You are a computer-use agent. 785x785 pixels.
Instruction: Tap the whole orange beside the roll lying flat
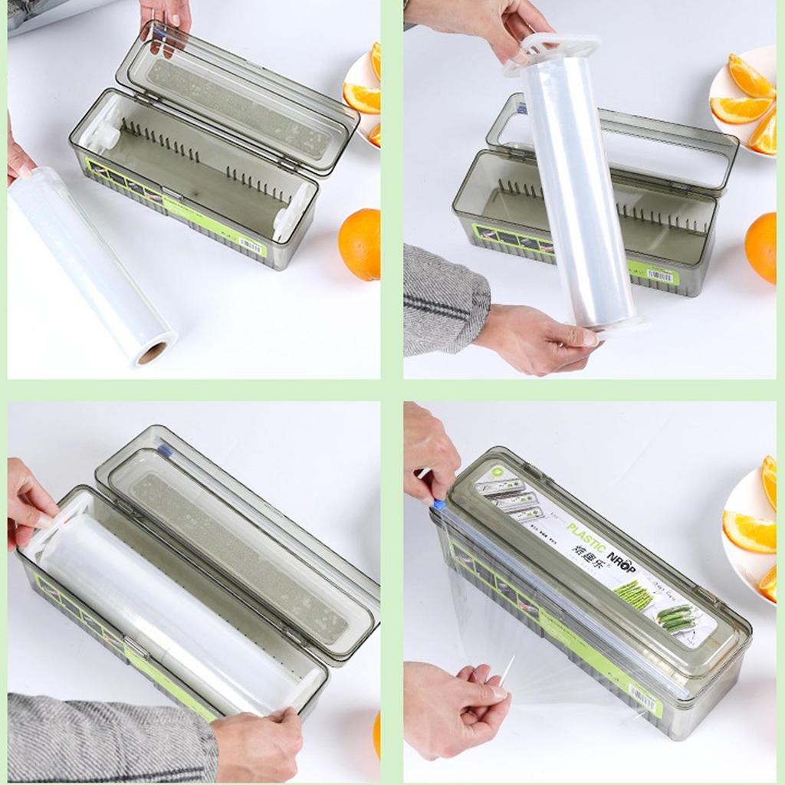360,244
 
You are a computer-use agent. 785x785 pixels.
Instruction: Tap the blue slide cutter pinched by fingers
439,504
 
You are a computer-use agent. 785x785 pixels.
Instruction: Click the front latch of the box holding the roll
136,648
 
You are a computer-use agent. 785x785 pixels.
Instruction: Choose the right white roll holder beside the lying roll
292,211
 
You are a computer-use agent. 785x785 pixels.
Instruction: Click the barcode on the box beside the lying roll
250,245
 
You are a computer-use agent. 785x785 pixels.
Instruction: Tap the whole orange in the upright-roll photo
762,248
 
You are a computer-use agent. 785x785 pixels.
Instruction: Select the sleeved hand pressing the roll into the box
257,744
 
